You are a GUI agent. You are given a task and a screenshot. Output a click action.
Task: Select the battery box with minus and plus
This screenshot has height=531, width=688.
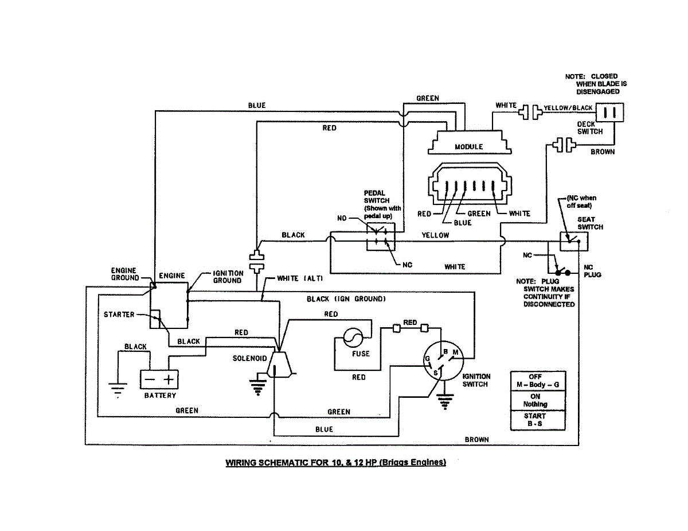tap(159, 379)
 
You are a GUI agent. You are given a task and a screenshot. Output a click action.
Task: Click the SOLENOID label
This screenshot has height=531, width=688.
tap(249, 358)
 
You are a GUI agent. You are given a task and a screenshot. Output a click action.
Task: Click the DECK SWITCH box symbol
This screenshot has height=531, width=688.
tap(609, 112)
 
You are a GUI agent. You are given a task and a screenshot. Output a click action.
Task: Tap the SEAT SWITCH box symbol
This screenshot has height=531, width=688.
tap(574, 241)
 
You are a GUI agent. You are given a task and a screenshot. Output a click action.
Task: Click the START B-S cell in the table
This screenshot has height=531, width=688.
tap(538, 420)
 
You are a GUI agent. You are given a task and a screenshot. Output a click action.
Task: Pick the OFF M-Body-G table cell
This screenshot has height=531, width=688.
tap(538, 381)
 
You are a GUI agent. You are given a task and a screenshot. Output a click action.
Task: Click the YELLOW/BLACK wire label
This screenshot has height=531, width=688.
tap(568, 108)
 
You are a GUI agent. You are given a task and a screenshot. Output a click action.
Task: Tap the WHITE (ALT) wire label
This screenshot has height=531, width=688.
tap(300, 278)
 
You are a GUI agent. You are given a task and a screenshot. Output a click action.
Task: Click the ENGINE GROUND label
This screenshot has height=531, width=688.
tap(124, 274)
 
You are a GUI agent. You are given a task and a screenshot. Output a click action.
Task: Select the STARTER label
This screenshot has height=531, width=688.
tap(119, 315)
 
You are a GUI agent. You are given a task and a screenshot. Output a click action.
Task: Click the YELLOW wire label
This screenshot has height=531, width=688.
tap(435, 235)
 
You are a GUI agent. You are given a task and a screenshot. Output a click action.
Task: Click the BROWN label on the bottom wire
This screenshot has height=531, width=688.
tap(476, 439)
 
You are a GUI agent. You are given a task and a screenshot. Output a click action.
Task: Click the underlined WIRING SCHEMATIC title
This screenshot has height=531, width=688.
tap(335, 462)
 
